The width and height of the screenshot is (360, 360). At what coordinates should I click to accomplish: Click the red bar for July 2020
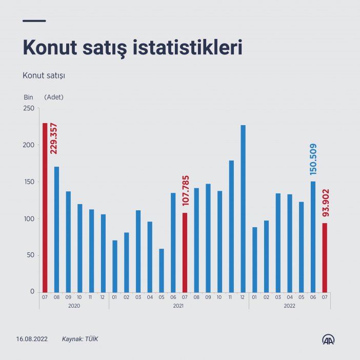coord(45,207)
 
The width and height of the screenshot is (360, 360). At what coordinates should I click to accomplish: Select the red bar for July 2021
coord(185,252)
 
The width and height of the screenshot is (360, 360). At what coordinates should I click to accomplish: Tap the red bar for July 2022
coord(324,257)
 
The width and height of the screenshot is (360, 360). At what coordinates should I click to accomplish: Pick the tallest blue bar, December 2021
coord(243,208)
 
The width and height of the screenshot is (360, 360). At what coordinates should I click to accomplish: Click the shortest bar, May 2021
coord(162,270)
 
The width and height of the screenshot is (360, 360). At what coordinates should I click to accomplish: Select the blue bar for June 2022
coord(313,236)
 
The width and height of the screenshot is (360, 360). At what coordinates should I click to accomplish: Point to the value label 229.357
coord(53,138)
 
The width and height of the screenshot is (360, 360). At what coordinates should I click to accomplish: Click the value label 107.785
coord(186,189)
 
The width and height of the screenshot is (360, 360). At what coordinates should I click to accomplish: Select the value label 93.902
coord(325,204)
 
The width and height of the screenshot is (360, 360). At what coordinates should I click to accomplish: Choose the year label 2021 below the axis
coord(178,306)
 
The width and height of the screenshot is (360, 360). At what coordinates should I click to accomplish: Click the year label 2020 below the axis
coord(74,306)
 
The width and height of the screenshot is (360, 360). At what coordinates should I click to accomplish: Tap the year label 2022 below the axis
coord(289,306)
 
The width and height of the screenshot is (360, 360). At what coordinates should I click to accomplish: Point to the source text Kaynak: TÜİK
coord(79,339)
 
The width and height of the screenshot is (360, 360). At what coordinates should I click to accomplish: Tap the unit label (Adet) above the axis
coord(54,97)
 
